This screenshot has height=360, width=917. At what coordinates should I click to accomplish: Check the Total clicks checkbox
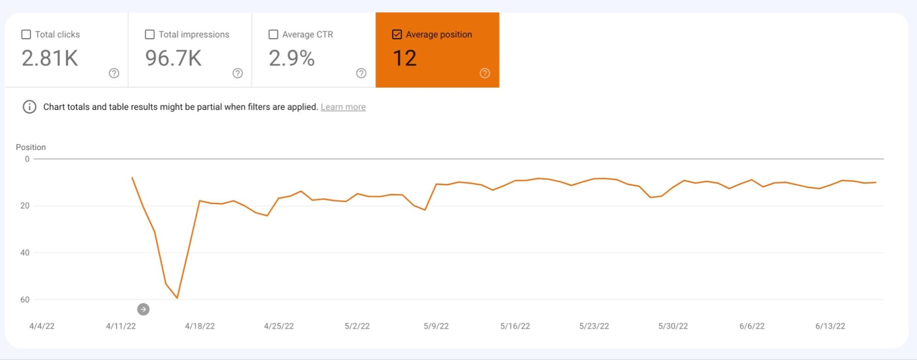pyautogui.click(x=26, y=34)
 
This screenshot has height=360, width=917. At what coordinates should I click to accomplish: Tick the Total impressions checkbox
pyautogui.click(x=150, y=34)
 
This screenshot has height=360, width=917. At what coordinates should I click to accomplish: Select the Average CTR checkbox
pyautogui.click(x=273, y=34)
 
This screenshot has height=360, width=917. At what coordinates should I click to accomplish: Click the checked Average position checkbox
pyautogui.click(x=397, y=34)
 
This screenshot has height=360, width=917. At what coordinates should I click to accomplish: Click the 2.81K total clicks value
pyautogui.click(x=50, y=58)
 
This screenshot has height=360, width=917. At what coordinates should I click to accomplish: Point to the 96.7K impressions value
pyautogui.click(x=173, y=58)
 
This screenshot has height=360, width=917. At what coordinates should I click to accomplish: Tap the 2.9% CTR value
pyautogui.click(x=292, y=58)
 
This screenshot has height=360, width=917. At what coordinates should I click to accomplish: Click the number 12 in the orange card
pyautogui.click(x=405, y=58)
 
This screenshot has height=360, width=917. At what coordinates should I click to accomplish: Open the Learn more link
pyautogui.click(x=343, y=107)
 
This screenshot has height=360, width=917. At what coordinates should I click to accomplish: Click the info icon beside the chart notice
pyautogui.click(x=29, y=107)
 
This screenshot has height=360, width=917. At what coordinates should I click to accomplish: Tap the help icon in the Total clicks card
pyautogui.click(x=114, y=73)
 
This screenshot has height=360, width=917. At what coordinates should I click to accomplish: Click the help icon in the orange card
pyautogui.click(x=485, y=73)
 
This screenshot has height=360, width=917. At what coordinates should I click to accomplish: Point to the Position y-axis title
pyautogui.click(x=31, y=147)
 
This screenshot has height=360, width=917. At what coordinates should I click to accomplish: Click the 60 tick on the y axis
pyautogui.click(x=25, y=299)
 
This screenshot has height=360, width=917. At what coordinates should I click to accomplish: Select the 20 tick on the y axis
pyautogui.click(x=25, y=206)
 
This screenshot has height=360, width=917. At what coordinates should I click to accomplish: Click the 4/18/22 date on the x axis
pyautogui.click(x=200, y=326)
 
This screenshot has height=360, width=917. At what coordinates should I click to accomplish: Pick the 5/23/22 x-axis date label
pyautogui.click(x=594, y=326)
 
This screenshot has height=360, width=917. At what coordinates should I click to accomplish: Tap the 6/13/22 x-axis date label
pyautogui.click(x=830, y=326)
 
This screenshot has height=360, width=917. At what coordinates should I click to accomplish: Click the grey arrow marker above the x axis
pyautogui.click(x=143, y=310)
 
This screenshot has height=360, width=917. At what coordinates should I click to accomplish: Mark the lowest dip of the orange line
pyautogui.click(x=177, y=298)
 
